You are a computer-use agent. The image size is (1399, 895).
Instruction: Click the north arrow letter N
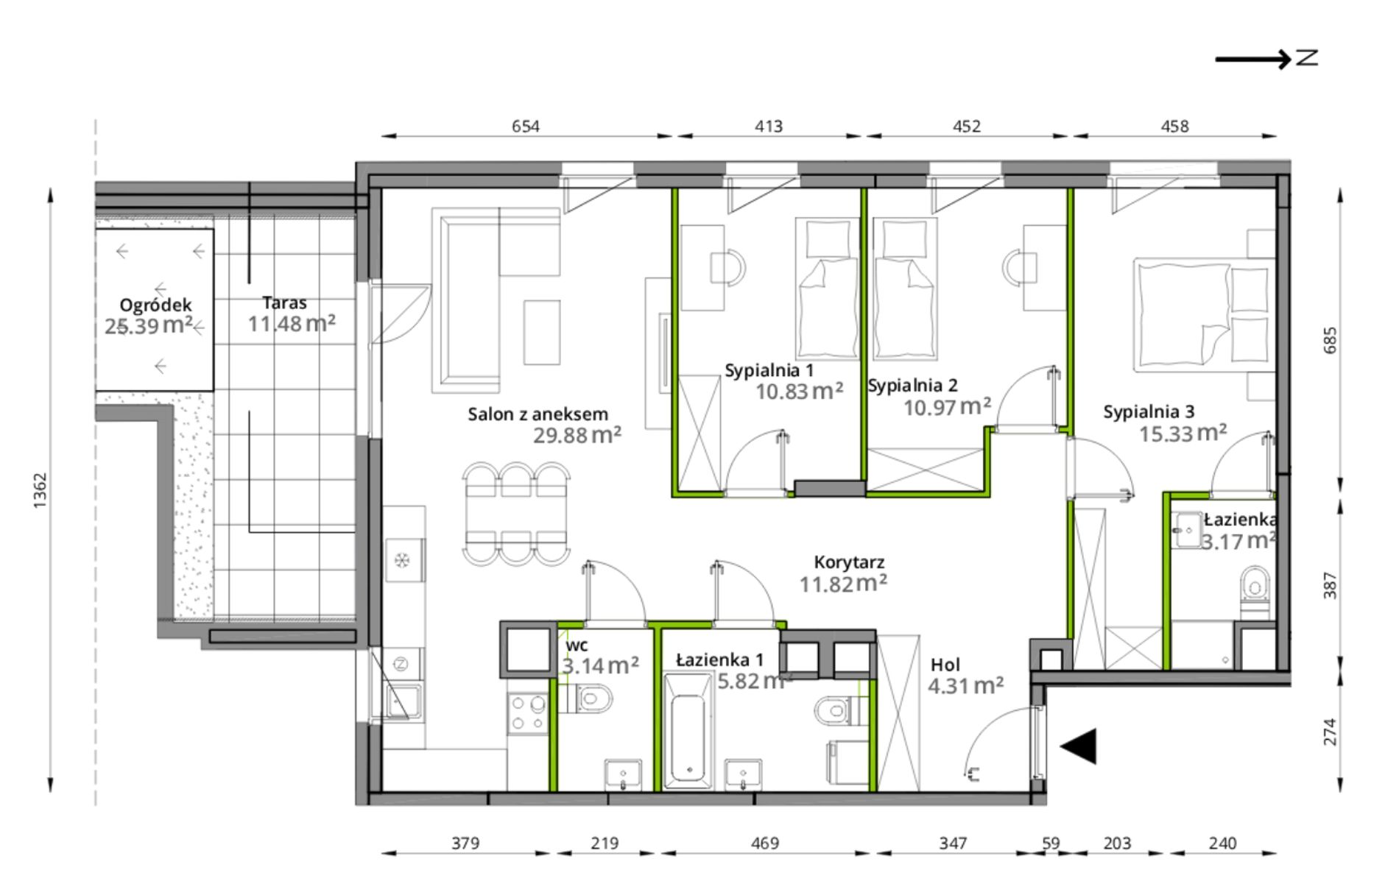1307,57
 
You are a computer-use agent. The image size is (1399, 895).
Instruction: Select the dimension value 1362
40,490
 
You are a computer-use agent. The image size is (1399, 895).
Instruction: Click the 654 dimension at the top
526,126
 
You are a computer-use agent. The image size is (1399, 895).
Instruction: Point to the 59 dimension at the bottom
1051,843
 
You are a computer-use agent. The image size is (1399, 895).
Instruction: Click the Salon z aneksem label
538,414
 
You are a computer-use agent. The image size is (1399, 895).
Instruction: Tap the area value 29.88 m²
577,435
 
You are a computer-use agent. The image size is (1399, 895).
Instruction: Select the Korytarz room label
849,562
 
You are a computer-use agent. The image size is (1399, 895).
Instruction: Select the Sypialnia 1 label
769,370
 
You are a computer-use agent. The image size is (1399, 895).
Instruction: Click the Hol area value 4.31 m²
965,686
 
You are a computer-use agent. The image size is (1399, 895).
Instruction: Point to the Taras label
284,303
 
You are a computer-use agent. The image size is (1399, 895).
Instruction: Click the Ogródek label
155,305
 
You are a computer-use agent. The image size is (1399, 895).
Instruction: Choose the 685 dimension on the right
1330,339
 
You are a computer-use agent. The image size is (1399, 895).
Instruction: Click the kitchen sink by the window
402,700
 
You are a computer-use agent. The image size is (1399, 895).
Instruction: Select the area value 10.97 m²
947,406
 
